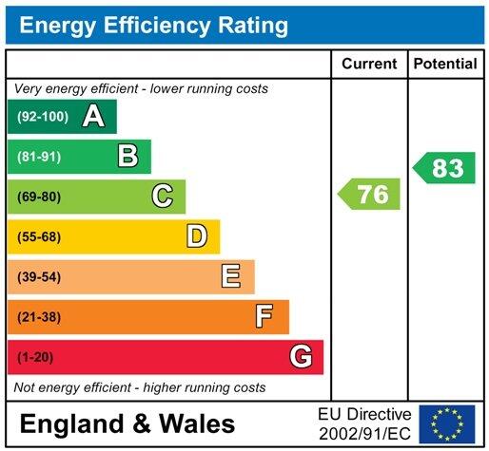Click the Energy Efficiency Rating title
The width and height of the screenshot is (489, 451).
click(x=154, y=25)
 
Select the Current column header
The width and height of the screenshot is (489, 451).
click(x=369, y=65)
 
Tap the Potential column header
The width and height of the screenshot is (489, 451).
click(x=445, y=65)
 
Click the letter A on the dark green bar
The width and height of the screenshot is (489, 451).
click(x=92, y=117)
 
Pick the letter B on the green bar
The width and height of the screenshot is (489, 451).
click(x=127, y=157)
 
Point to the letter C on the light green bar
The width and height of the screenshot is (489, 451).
click(x=163, y=197)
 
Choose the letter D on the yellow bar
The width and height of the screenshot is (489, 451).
click(x=197, y=236)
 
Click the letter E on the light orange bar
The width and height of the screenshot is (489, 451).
click(x=231, y=276)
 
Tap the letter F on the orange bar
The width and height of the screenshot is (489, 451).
click(x=265, y=316)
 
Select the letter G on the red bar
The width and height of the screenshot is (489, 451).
click(x=301, y=357)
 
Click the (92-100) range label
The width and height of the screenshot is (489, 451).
click(x=41, y=117)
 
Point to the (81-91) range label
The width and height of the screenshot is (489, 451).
click(x=39, y=157)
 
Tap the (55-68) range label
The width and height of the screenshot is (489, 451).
click(x=39, y=236)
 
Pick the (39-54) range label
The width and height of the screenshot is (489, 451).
click(x=39, y=276)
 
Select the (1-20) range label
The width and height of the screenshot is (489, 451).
click(x=35, y=357)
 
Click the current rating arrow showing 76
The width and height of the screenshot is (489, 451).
click(x=370, y=195)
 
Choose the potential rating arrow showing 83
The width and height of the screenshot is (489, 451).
click(x=444, y=168)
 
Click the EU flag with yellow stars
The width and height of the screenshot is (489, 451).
click(x=447, y=423)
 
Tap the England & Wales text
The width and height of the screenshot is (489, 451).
click(x=127, y=423)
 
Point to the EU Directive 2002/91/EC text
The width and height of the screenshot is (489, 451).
click(x=364, y=423)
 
